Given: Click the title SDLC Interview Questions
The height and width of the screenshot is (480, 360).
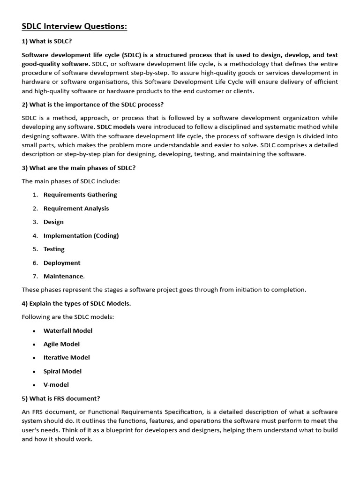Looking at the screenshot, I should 75,27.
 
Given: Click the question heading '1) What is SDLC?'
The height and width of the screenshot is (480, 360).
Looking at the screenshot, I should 47,41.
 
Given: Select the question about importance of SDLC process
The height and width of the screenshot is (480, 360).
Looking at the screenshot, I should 93,104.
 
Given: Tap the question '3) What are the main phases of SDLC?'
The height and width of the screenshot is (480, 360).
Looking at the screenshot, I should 79,167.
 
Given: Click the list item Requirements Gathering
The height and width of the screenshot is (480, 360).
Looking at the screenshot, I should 80,195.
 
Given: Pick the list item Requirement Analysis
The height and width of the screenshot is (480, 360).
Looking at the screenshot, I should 76,208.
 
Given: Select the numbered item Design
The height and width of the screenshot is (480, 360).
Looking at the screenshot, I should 53,222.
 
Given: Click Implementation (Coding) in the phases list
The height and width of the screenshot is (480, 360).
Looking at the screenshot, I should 81,235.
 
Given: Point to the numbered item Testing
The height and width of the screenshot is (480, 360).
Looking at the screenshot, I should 54,249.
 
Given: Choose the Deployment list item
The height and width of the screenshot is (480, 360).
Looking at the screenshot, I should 62,262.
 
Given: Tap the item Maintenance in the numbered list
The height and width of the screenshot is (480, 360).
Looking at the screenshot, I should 64,276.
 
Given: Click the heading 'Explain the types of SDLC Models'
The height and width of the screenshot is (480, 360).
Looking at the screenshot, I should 76,303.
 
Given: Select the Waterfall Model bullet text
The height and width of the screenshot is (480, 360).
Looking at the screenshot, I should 68,330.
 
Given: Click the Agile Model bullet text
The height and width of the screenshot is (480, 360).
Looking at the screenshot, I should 61,344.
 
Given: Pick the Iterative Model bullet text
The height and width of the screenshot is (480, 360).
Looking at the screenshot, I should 67,357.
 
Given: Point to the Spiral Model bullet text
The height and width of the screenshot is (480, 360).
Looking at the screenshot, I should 62,371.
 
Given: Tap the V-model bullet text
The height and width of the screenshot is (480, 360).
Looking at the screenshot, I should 56,384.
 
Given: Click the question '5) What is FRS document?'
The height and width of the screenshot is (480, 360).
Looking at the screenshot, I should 61,398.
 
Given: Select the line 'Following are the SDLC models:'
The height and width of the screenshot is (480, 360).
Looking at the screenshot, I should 68,317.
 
